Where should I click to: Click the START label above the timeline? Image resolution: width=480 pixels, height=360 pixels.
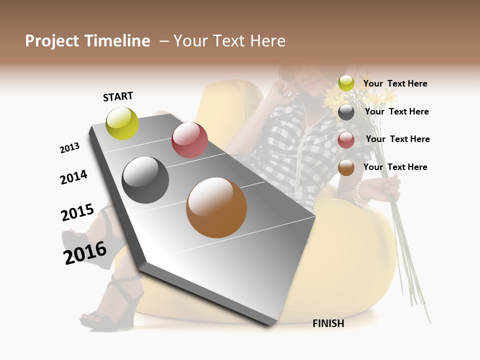click(118, 96)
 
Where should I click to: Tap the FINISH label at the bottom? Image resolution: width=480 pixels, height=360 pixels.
click(328, 323)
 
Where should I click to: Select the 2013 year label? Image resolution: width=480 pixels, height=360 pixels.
click(69, 148)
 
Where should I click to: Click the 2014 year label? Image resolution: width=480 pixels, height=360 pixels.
click(73, 177)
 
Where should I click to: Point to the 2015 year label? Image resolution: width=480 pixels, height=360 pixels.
click(77, 212)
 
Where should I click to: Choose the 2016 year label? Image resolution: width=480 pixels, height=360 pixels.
click(85, 252)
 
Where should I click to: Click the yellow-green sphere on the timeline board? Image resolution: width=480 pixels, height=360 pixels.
click(122, 123)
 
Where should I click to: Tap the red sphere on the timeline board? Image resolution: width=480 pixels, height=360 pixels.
click(189, 140)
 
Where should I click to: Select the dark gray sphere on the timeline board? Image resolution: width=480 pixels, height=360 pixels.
click(145, 180)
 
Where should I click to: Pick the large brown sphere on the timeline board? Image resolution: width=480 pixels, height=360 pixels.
click(216, 207)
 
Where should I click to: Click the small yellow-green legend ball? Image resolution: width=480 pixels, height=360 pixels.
click(346, 83)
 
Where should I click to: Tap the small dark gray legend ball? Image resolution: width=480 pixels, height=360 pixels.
click(346, 112)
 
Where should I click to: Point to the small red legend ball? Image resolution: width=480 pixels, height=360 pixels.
click(346, 139)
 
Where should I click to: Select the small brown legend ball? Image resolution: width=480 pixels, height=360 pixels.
click(346, 167)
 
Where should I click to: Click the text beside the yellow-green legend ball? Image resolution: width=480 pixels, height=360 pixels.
click(395, 83)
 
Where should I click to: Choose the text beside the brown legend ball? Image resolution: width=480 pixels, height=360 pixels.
click(395, 167)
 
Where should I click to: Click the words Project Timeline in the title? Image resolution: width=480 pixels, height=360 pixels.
click(87, 41)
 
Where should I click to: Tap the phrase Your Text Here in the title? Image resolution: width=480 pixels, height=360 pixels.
click(229, 41)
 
